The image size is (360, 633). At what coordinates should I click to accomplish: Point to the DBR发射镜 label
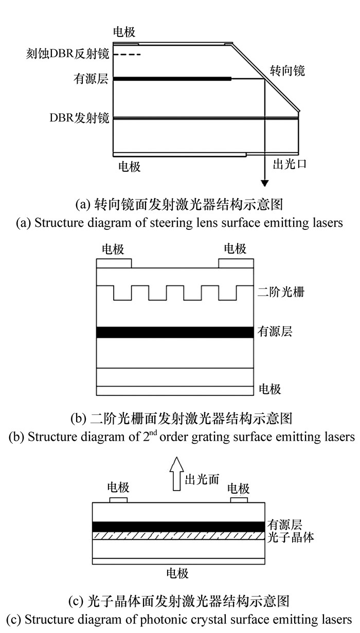coord(80,118)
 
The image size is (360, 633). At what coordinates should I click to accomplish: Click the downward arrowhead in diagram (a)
coord(265,182)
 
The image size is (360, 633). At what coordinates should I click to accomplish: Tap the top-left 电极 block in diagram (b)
coord(114,263)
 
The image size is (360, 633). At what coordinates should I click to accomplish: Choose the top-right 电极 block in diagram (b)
coord(236,263)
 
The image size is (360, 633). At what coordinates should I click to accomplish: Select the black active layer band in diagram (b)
coord(175,332)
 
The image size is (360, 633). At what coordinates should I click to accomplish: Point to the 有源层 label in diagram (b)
coord(275,332)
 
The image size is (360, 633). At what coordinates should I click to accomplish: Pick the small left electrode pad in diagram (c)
coord(118,500)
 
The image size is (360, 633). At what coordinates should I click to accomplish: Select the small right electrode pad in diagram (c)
coord(239,500)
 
